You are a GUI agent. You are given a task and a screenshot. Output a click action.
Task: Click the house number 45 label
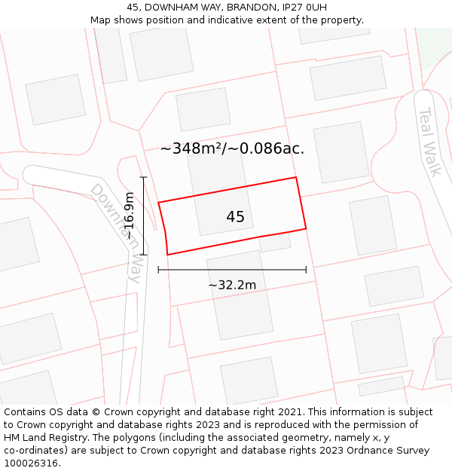pyautogui.click(x=235, y=217)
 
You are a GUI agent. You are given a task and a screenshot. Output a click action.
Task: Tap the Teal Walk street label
pyautogui.click(x=429, y=142)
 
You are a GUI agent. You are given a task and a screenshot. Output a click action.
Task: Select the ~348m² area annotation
pyautogui.click(x=232, y=148)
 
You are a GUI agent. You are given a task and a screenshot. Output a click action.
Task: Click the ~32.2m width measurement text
pyautogui.click(x=232, y=285)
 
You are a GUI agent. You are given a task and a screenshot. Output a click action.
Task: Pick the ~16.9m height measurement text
pyautogui.click(x=130, y=216)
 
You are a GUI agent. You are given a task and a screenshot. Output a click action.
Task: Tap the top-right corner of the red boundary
pyautogui.click(x=295, y=178)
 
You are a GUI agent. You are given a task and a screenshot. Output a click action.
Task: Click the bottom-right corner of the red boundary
pyautogui.click(x=306, y=228)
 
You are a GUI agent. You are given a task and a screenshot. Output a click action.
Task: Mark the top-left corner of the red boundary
pyautogui.click(x=158, y=202)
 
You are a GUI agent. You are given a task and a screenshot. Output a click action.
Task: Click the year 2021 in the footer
pyautogui.click(x=290, y=412)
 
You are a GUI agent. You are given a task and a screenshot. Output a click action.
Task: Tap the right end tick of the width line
pyautogui.click(x=306, y=269)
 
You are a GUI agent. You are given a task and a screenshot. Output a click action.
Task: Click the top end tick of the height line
pyautogui.click(x=143, y=177)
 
